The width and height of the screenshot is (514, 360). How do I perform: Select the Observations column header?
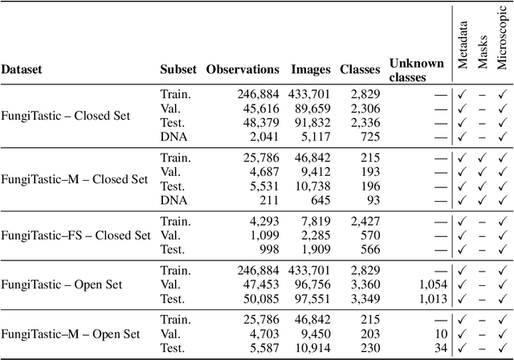click(243, 70)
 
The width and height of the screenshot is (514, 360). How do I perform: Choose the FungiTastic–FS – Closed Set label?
click(75, 235)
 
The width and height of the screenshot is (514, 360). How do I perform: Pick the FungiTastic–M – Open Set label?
click(71, 333)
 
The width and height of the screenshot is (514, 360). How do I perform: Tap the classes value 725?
click(370, 137)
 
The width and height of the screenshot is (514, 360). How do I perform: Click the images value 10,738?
click(312, 185)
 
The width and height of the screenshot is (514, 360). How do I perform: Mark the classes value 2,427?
click(365, 221)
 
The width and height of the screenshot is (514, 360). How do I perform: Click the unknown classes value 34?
click(440, 348)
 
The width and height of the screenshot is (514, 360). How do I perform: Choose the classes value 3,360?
click(365, 284)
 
